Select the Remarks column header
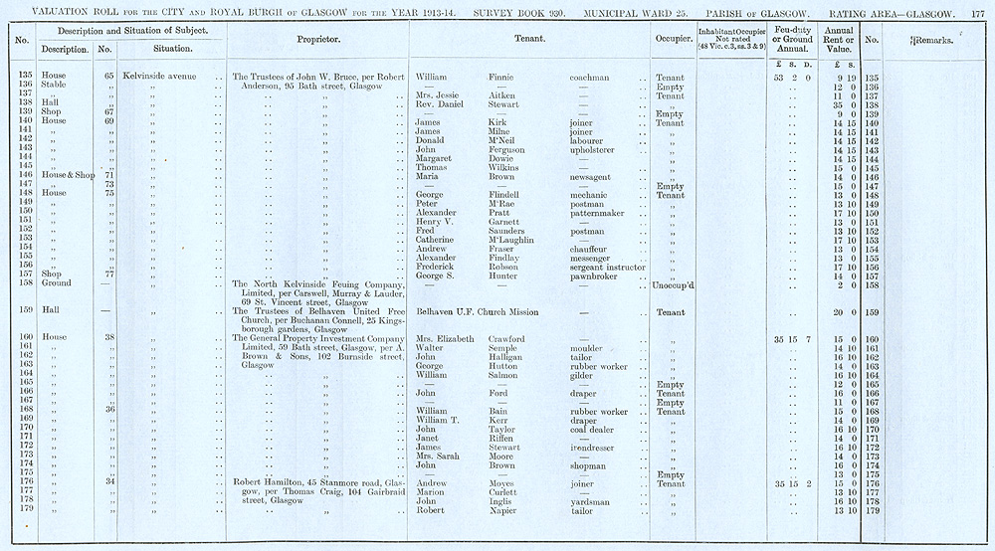pyautogui.click(x=934, y=40)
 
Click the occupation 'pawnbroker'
pyautogui.click(x=594, y=275)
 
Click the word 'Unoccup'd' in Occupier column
pyautogui.click(x=672, y=285)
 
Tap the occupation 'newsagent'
pyautogui.click(x=593, y=176)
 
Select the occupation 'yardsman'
pyautogui.click(x=591, y=501)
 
